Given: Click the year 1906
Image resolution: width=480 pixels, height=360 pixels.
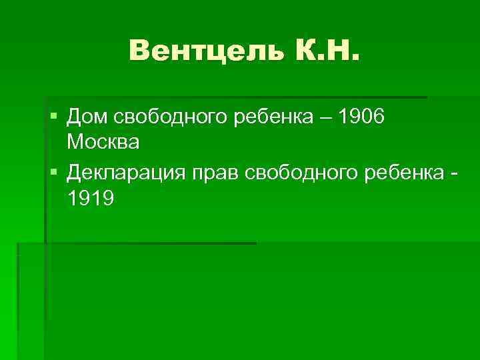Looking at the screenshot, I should point(361,118).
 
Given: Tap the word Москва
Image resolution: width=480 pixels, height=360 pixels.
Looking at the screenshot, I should point(103,142).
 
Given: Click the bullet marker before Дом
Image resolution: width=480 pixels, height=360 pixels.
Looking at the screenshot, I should point(54,118).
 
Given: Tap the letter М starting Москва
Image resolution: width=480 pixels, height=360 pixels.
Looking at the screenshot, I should point(75,142).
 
